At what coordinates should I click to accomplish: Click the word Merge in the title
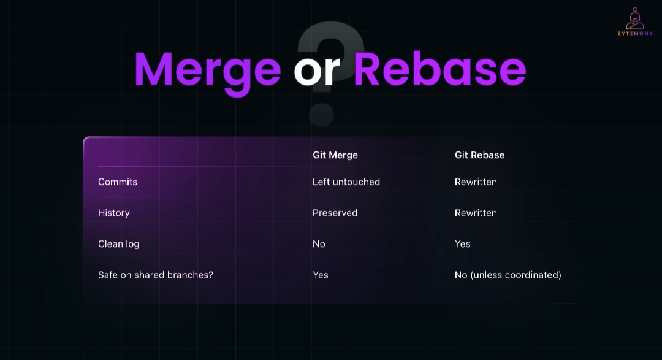coord(207,71)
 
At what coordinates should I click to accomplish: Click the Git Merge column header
coord(335,155)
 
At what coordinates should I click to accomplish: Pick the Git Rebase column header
coord(479,155)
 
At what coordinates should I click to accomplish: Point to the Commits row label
coord(117,182)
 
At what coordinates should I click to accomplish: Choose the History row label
coord(113,213)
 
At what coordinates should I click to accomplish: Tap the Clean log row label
coord(119,244)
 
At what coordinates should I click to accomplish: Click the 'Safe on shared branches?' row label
coord(155,275)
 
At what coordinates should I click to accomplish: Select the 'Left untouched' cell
coord(346,182)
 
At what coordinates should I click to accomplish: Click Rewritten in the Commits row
coord(476,182)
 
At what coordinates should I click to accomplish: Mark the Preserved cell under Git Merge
coord(335,213)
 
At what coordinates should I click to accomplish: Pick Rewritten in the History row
coord(476,213)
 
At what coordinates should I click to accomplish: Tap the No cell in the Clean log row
coord(319,244)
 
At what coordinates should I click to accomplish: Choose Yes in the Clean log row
coord(462,244)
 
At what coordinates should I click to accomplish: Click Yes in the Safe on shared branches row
coord(321,275)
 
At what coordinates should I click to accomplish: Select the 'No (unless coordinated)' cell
coord(508,275)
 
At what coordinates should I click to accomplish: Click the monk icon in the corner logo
coord(635,18)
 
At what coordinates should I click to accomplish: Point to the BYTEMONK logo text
coord(635,33)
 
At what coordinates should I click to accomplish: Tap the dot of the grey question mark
coord(321,115)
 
